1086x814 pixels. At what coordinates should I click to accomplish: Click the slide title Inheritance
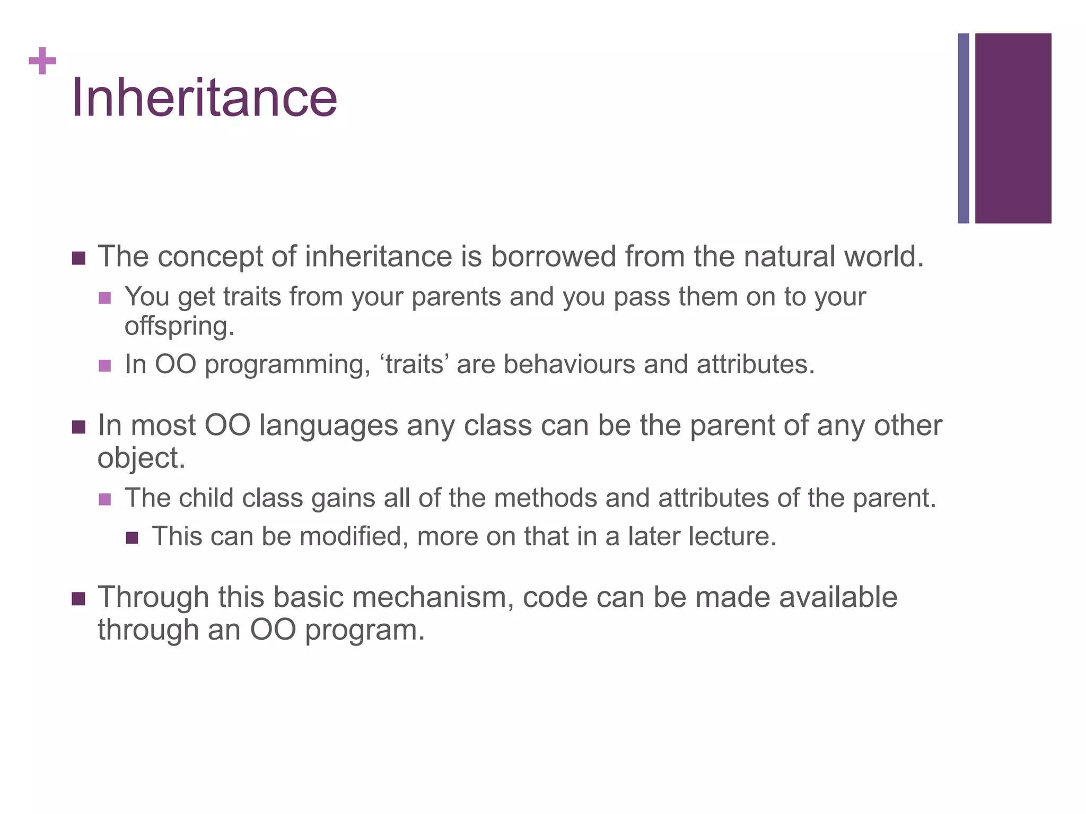point(204,98)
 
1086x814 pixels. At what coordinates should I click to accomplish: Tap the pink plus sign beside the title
point(42,61)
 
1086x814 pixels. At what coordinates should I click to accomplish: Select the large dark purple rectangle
point(1013,128)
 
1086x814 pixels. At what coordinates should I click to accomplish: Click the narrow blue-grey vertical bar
point(964,128)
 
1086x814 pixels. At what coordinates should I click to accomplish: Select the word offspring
point(179,326)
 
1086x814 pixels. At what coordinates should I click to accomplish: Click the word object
point(141,458)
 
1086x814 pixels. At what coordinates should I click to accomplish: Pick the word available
point(838,597)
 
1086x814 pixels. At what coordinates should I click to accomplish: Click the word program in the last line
point(364,630)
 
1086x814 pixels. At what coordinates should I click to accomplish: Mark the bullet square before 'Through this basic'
point(78,599)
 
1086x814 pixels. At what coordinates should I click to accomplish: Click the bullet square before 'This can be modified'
point(132,538)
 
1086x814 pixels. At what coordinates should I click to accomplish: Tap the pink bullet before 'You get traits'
point(105,298)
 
